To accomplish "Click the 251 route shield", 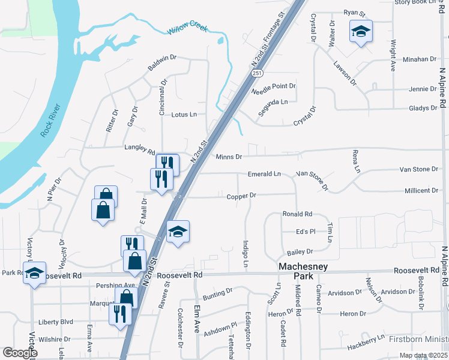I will (257, 73).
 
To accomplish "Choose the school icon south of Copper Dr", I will (178, 231).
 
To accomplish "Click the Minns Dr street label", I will (229, 157).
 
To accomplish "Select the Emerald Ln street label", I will (264, 174).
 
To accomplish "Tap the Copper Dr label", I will (241, 196).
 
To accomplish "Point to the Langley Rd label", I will (139, 146).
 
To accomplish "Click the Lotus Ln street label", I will (184, 115).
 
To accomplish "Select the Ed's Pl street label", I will (306, 232).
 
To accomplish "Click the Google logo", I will (20, 352).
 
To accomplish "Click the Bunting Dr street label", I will (217, 292).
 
